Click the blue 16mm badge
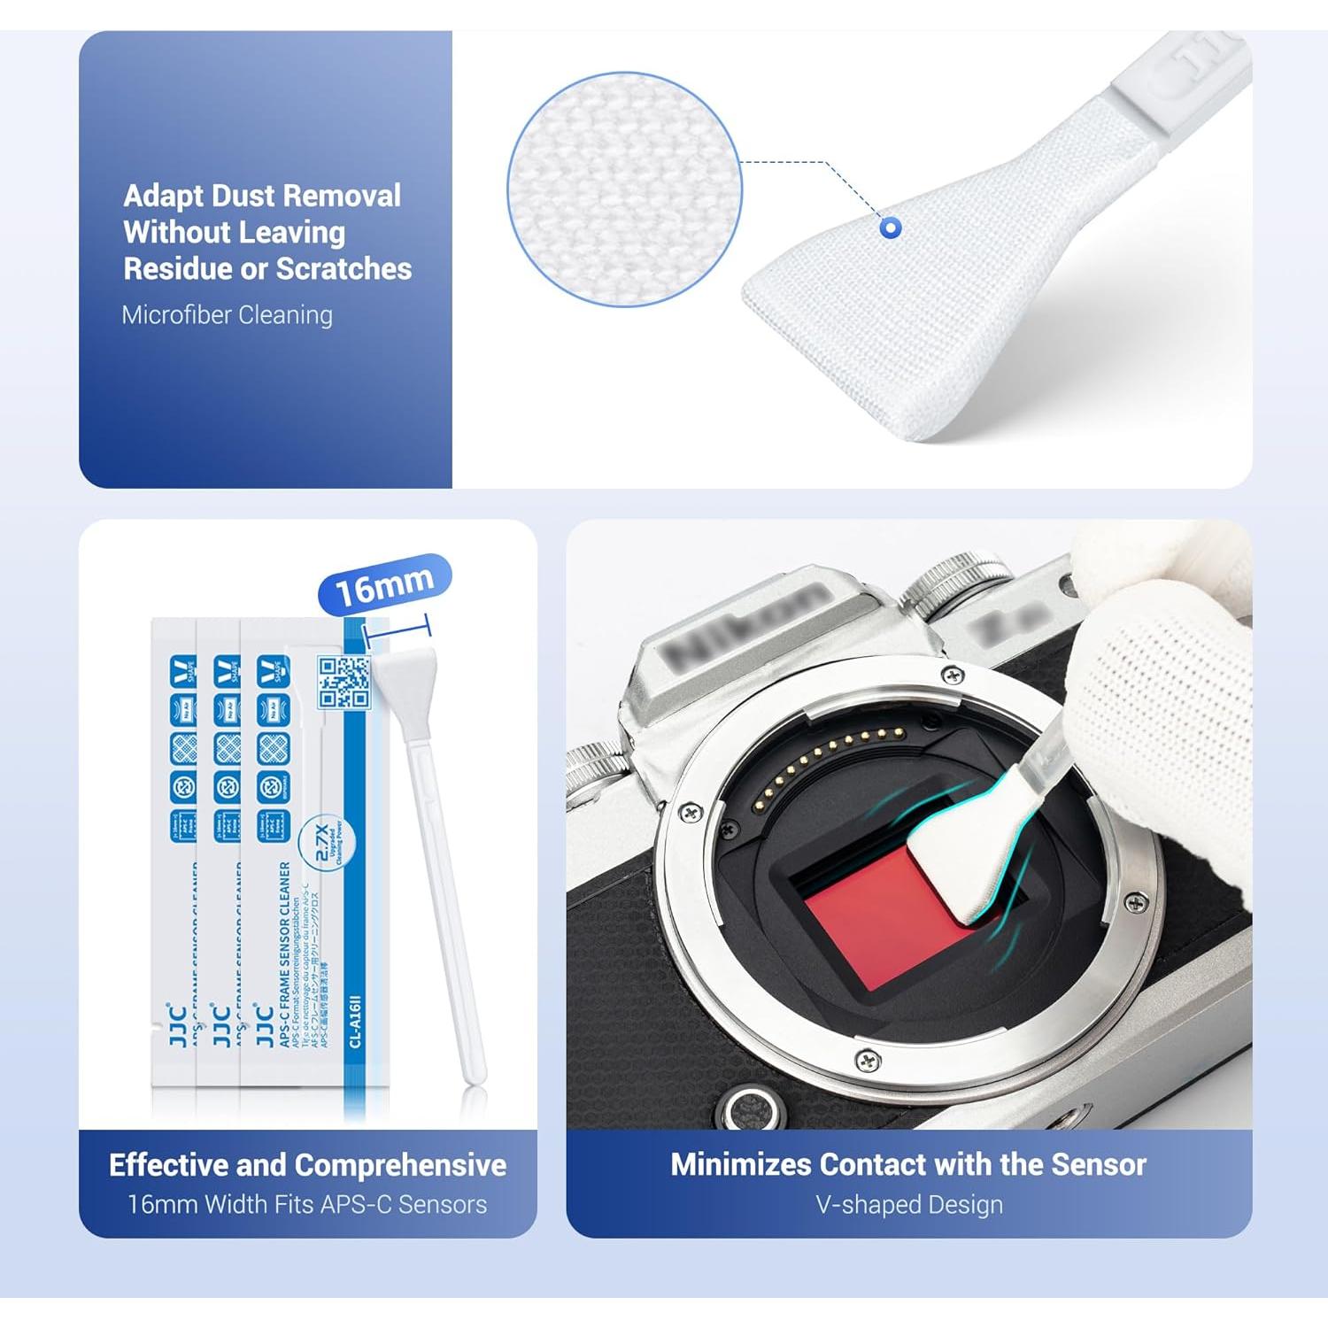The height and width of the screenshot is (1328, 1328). [x=384, y=584]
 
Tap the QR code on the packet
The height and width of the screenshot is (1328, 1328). [x=344, y=682]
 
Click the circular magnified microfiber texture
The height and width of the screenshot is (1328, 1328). [x=624, y=189]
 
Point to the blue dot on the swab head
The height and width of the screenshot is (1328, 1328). [x=891, y=228]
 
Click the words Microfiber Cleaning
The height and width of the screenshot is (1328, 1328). [x=228, y=315]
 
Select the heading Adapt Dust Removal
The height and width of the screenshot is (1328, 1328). [x=262, y=196]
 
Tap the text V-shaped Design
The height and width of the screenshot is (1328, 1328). [x=909, y=1204]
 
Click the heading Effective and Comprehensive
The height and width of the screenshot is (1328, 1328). [x=307, y=1164]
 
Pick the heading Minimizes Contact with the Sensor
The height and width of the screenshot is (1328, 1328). [x=908, y=1164]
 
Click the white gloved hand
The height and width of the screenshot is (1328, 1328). [x=1160, y=673]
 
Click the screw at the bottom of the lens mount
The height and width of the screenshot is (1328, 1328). [x=868, y=1060]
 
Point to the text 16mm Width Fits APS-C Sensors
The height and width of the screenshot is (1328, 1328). [x=307, y=1204]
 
